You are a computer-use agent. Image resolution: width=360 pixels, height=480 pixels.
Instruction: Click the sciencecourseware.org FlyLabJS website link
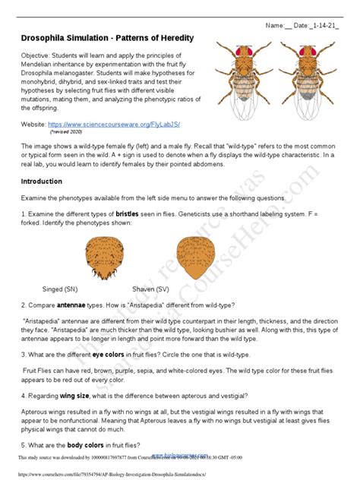(x=125, y=122)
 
